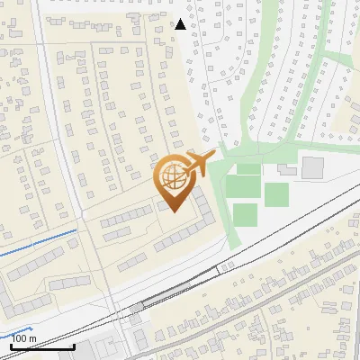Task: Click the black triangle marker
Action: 181,24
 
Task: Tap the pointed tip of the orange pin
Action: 175,212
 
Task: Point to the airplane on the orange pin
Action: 199,165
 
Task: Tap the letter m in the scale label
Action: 34,338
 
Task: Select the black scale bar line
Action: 41,346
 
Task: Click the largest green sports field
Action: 242,186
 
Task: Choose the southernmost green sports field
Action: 245,214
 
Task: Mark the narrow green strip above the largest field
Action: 248,168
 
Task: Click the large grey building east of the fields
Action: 313,167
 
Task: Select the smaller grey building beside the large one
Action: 287,169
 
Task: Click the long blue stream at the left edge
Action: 36,243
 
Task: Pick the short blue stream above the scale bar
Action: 18,330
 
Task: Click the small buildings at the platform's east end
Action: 225,265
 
